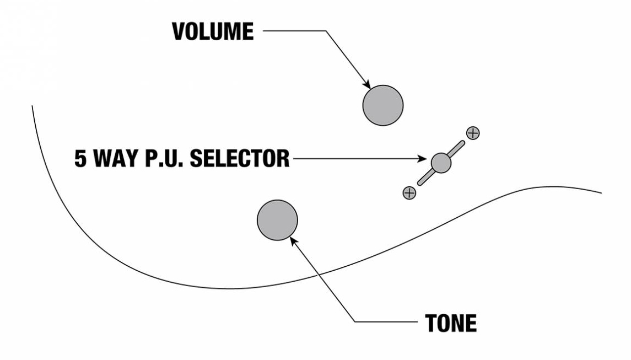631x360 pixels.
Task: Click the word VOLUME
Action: [213, 32]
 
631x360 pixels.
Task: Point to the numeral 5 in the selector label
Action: [82, 159]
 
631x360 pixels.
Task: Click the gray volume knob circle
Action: [383, 105]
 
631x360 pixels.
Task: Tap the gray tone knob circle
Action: [277, 220]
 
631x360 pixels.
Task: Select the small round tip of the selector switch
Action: [441, 162]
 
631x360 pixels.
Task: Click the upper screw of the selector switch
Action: [473, 133]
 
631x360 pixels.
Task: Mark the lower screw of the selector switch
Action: [409, 192]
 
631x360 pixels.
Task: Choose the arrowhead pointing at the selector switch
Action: [425, 160]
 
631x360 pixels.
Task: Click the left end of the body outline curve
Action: [33, 105]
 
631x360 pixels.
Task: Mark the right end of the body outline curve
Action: [600, 193]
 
